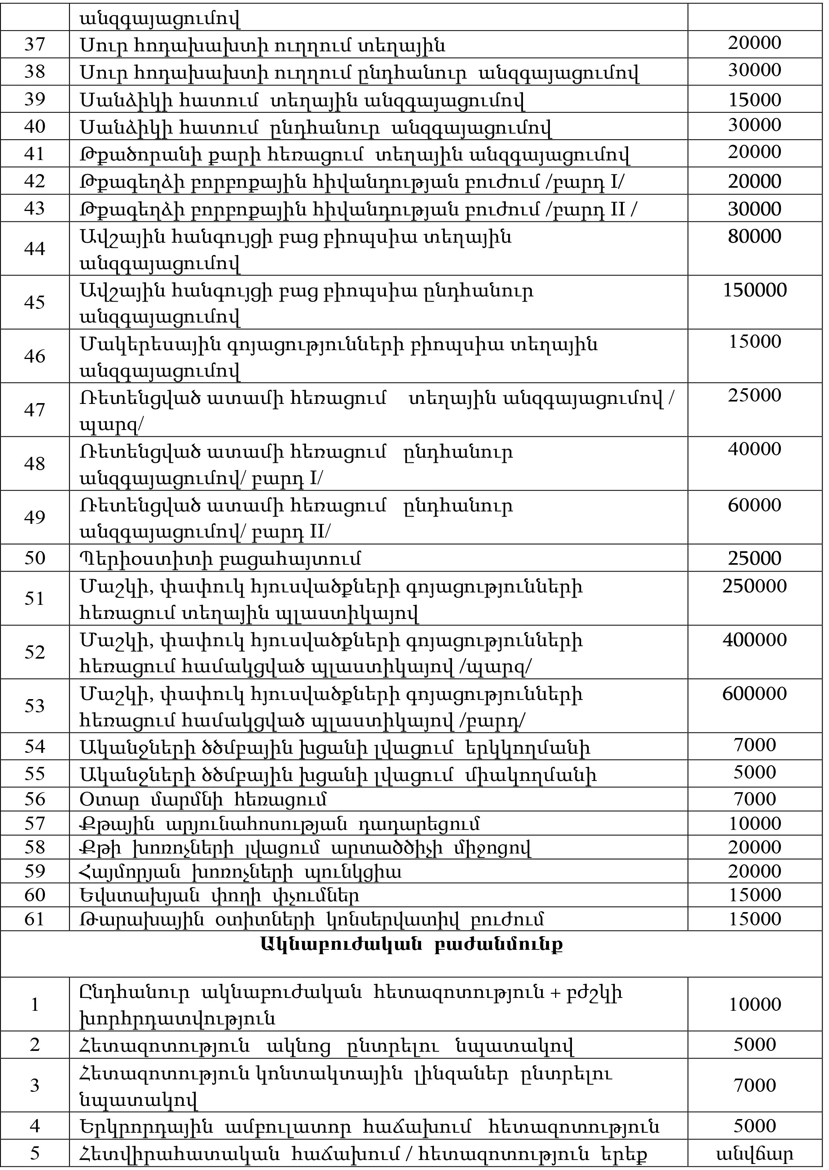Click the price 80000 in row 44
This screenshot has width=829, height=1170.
click(x=754, y=236)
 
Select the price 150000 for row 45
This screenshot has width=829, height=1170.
click(x=754, y=290)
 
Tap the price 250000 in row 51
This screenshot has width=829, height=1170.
click(x=754, y=586)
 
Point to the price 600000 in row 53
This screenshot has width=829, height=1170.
click(x=754, y=693)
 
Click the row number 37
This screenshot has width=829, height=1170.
click(x=35, y=45)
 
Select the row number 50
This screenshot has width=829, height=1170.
click(x=35, y=558)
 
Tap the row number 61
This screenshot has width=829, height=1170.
click(x=35, y=919)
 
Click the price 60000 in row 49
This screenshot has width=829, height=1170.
click(x=754, y=505)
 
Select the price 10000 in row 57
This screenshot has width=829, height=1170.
click(x=754, y=823)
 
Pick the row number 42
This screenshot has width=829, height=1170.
click(x=35, y=181)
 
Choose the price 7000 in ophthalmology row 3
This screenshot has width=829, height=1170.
click(x=754, y=1086)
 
